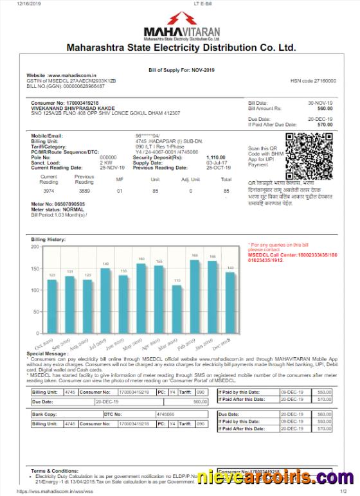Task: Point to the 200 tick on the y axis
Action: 35,247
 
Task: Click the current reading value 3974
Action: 49,191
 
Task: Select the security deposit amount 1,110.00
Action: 216,157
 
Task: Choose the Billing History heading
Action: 48,239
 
